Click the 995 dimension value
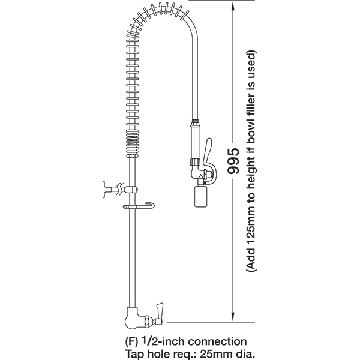click(x=233, y=161)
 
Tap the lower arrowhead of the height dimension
click(x=233, y=316)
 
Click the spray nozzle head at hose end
click(x=200, y=196)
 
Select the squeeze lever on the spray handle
click(x=209, y=161)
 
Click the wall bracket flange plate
click(x=104, y=190)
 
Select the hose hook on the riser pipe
click(x=140, y=206)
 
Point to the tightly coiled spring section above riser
click(x=133, y=143)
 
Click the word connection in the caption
click(x=217, y=341)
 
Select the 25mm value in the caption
click(x=212, y=353)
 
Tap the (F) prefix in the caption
click(x=131, y=342)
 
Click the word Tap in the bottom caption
click(x=133, y=354)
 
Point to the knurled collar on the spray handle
click(x=195, y=162)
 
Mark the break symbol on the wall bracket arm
click(x=120, y=189)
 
